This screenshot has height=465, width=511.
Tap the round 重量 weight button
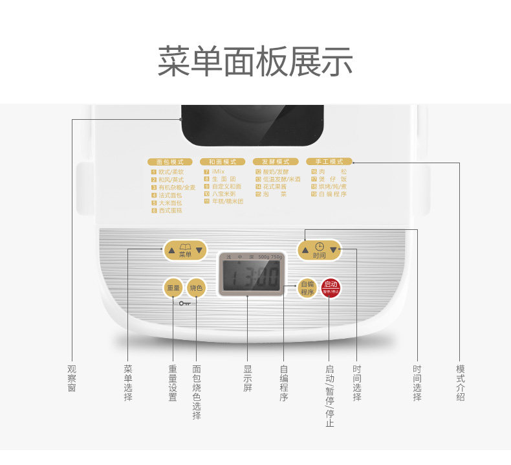pyautogui.click(x=173, y=288)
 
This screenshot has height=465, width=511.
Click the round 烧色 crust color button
pyautogui.click(x=195, y=288)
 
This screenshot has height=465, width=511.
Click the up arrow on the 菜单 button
pyautogui.click(x=171, y=250)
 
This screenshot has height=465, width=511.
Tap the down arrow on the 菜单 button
pyautogui.click(x=200, y=250)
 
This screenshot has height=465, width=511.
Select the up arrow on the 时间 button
pyautogui.click(x=305, y=249)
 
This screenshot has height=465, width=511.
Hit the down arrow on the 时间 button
pyautogui.click(x=334, y=249)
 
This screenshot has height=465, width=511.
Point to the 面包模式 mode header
pyautogui.click(x=170, y=161)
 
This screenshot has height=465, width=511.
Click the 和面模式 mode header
pyautogui.click(x=223, y=161)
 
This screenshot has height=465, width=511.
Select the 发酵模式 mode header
pyautogui.click(x=276, y=161)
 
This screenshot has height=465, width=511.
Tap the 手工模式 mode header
pyautogui.click(x=329, y=161)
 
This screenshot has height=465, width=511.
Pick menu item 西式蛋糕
pyautogui.click(x=170, y=210)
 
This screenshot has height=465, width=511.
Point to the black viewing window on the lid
pyautogui.click(x=252, y=124)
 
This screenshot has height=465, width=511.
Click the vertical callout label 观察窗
pyautogui.click(x=72, y=378)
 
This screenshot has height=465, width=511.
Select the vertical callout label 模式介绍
pyautogui.click(x=460, y=383)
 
